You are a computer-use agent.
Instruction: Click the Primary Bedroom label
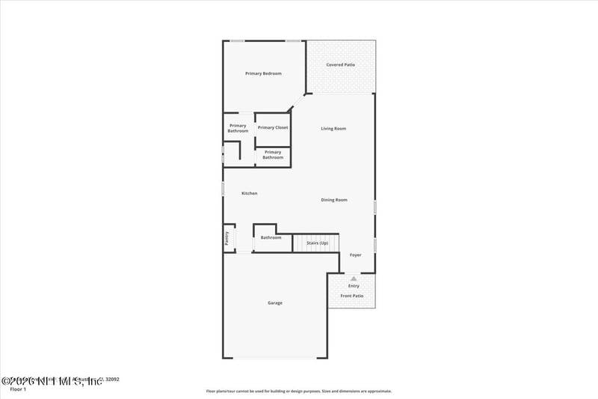(x=263, y=73)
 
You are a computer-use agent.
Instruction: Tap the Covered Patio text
(x=340, y=65)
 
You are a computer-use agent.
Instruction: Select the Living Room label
(x=333, y=129)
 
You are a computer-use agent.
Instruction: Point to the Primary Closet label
(x=273, y=128)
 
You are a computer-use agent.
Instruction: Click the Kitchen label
(x=249, y=193)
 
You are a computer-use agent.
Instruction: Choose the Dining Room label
(x=334, y=200)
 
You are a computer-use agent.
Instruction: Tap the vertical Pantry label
(x=226, y=238)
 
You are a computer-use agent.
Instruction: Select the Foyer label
(x=355, y=255)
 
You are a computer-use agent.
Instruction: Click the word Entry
(x=354, y=286)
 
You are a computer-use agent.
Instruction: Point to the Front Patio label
(x=351, y=296)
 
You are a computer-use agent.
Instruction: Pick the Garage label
(x=275, y=303)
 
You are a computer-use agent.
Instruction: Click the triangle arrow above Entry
(x=354, y=278)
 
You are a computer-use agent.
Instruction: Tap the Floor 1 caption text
(x=16, y=390)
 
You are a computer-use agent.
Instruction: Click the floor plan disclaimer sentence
(x=298, y=391)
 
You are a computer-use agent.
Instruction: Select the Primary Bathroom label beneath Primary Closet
(x=273, y=155)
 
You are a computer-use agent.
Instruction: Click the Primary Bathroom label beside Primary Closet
(x=238, y=128)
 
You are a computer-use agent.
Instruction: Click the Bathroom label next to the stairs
(x=271, y=238)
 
